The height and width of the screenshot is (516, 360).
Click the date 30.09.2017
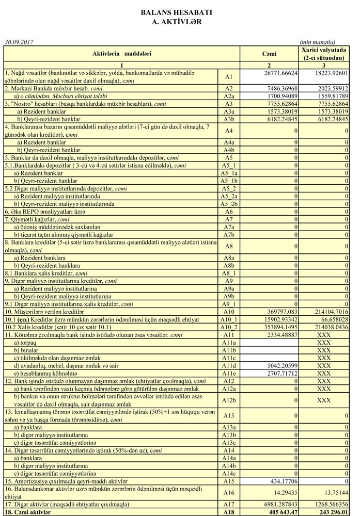pos(19,41)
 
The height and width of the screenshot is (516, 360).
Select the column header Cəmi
pos(269,54)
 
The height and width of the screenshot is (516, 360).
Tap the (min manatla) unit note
pos(318,41)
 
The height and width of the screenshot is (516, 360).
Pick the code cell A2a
pos(229,96)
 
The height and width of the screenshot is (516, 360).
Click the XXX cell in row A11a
pos(324,342)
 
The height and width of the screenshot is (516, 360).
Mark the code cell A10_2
pos(229,327)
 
